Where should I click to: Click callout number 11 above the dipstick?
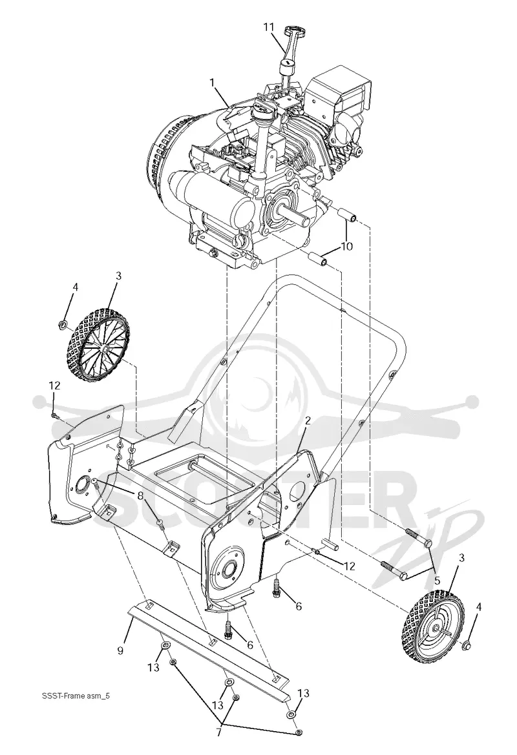(271, 26)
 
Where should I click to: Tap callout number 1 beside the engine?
(211, 82)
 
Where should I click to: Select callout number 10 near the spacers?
(347, 247)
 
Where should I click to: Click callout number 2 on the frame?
(308, 420)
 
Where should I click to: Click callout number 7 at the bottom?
(218, 732)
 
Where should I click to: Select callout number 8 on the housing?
(140, 495)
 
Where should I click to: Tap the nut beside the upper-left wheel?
(62, 324)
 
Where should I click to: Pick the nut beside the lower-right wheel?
(465, 646)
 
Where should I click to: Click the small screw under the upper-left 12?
(54, 414)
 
